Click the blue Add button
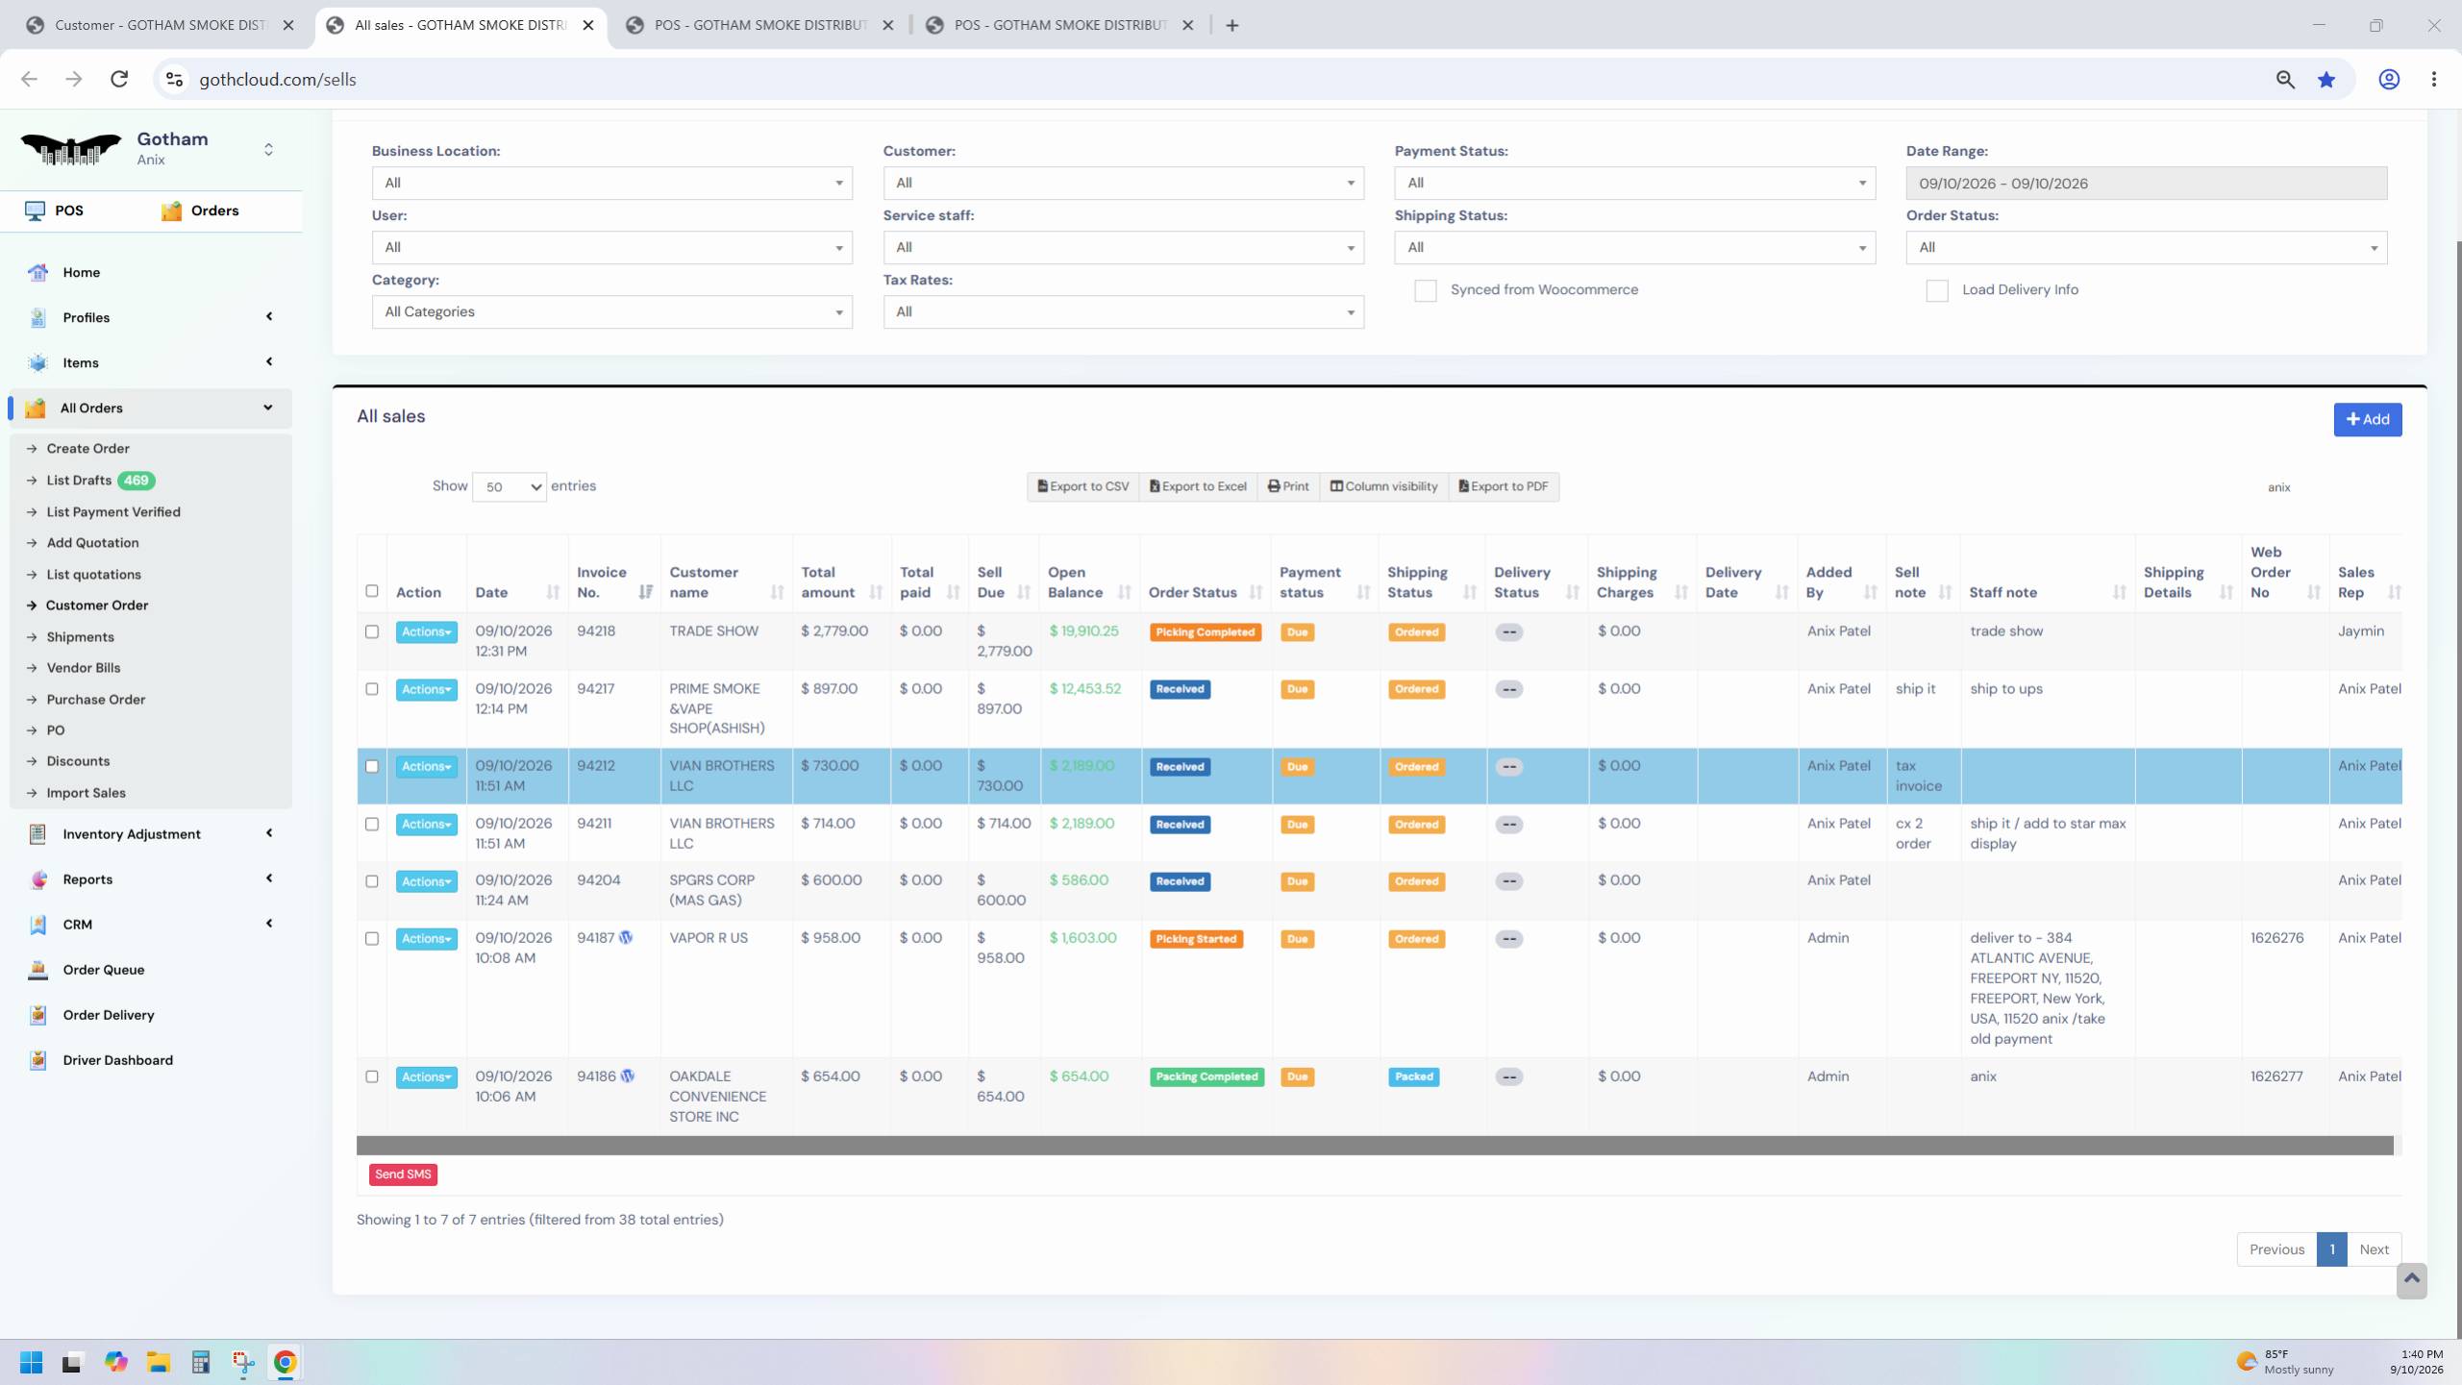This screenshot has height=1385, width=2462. tap(2367, 419)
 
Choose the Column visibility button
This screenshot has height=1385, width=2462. tap(1383, 486)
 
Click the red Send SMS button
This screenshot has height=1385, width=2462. tap(403, 1174)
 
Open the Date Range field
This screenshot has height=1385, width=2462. tap(2146, 184)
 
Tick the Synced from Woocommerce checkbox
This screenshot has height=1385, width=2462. tap(1425, 290)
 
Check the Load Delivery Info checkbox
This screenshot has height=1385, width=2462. tap(1936, 290)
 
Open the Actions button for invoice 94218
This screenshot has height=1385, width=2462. tap(426, 631)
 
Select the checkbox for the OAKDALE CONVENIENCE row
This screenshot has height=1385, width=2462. tap(372, 1076)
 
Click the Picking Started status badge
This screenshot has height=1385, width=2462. tap(1196, 939)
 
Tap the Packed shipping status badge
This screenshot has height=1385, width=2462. tap(1414, 1076)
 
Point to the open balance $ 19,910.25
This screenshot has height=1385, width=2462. tap(1083, 631)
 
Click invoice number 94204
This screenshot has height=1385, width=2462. tap(598, 879)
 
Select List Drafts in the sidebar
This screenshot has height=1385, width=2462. tap(79, 480)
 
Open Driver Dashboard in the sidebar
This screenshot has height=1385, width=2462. tap(117, 1060)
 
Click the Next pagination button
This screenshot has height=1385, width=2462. tap(2374, 1249)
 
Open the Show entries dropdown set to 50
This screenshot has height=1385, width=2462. tap(509, 487)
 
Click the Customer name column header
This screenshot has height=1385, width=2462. tap(704, 582)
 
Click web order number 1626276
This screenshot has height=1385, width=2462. tap(2276, 937)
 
